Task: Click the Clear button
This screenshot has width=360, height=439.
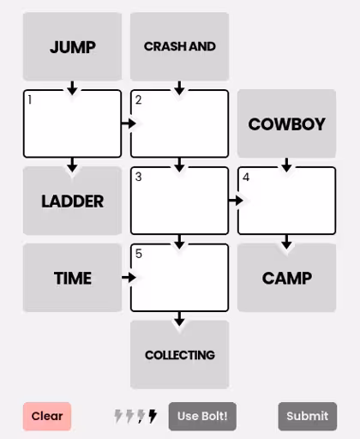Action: pos(47,416)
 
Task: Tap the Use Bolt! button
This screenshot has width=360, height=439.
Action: pos(202,416)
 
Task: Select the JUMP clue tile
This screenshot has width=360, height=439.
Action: pos(72,46)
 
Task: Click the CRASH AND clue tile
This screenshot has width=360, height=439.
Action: pos(179,46)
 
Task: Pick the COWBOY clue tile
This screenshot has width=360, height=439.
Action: pos(286,123)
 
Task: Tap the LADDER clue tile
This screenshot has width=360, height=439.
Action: pos(72,201)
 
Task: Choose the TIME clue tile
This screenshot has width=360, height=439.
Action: pos(72,278)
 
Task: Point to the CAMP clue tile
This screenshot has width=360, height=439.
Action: pos(286,278)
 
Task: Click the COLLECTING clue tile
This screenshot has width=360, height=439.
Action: pos(179,355)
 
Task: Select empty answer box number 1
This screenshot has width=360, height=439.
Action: pos(72,123)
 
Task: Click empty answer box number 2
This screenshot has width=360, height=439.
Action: pos(179,123)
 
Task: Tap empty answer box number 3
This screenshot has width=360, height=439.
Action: pos(179,201)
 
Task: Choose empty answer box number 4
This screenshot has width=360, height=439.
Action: pos(286,201)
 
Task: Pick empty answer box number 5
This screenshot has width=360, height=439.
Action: pos(179,278)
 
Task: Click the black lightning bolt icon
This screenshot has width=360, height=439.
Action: pos(153,416)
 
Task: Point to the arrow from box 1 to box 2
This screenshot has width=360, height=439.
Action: pos(129,123)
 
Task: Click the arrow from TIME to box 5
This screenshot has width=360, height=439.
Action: pos(129,278)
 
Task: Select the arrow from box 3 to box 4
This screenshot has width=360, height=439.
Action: pos(236,201)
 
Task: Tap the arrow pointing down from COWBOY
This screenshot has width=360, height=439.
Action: pos(286,165)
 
